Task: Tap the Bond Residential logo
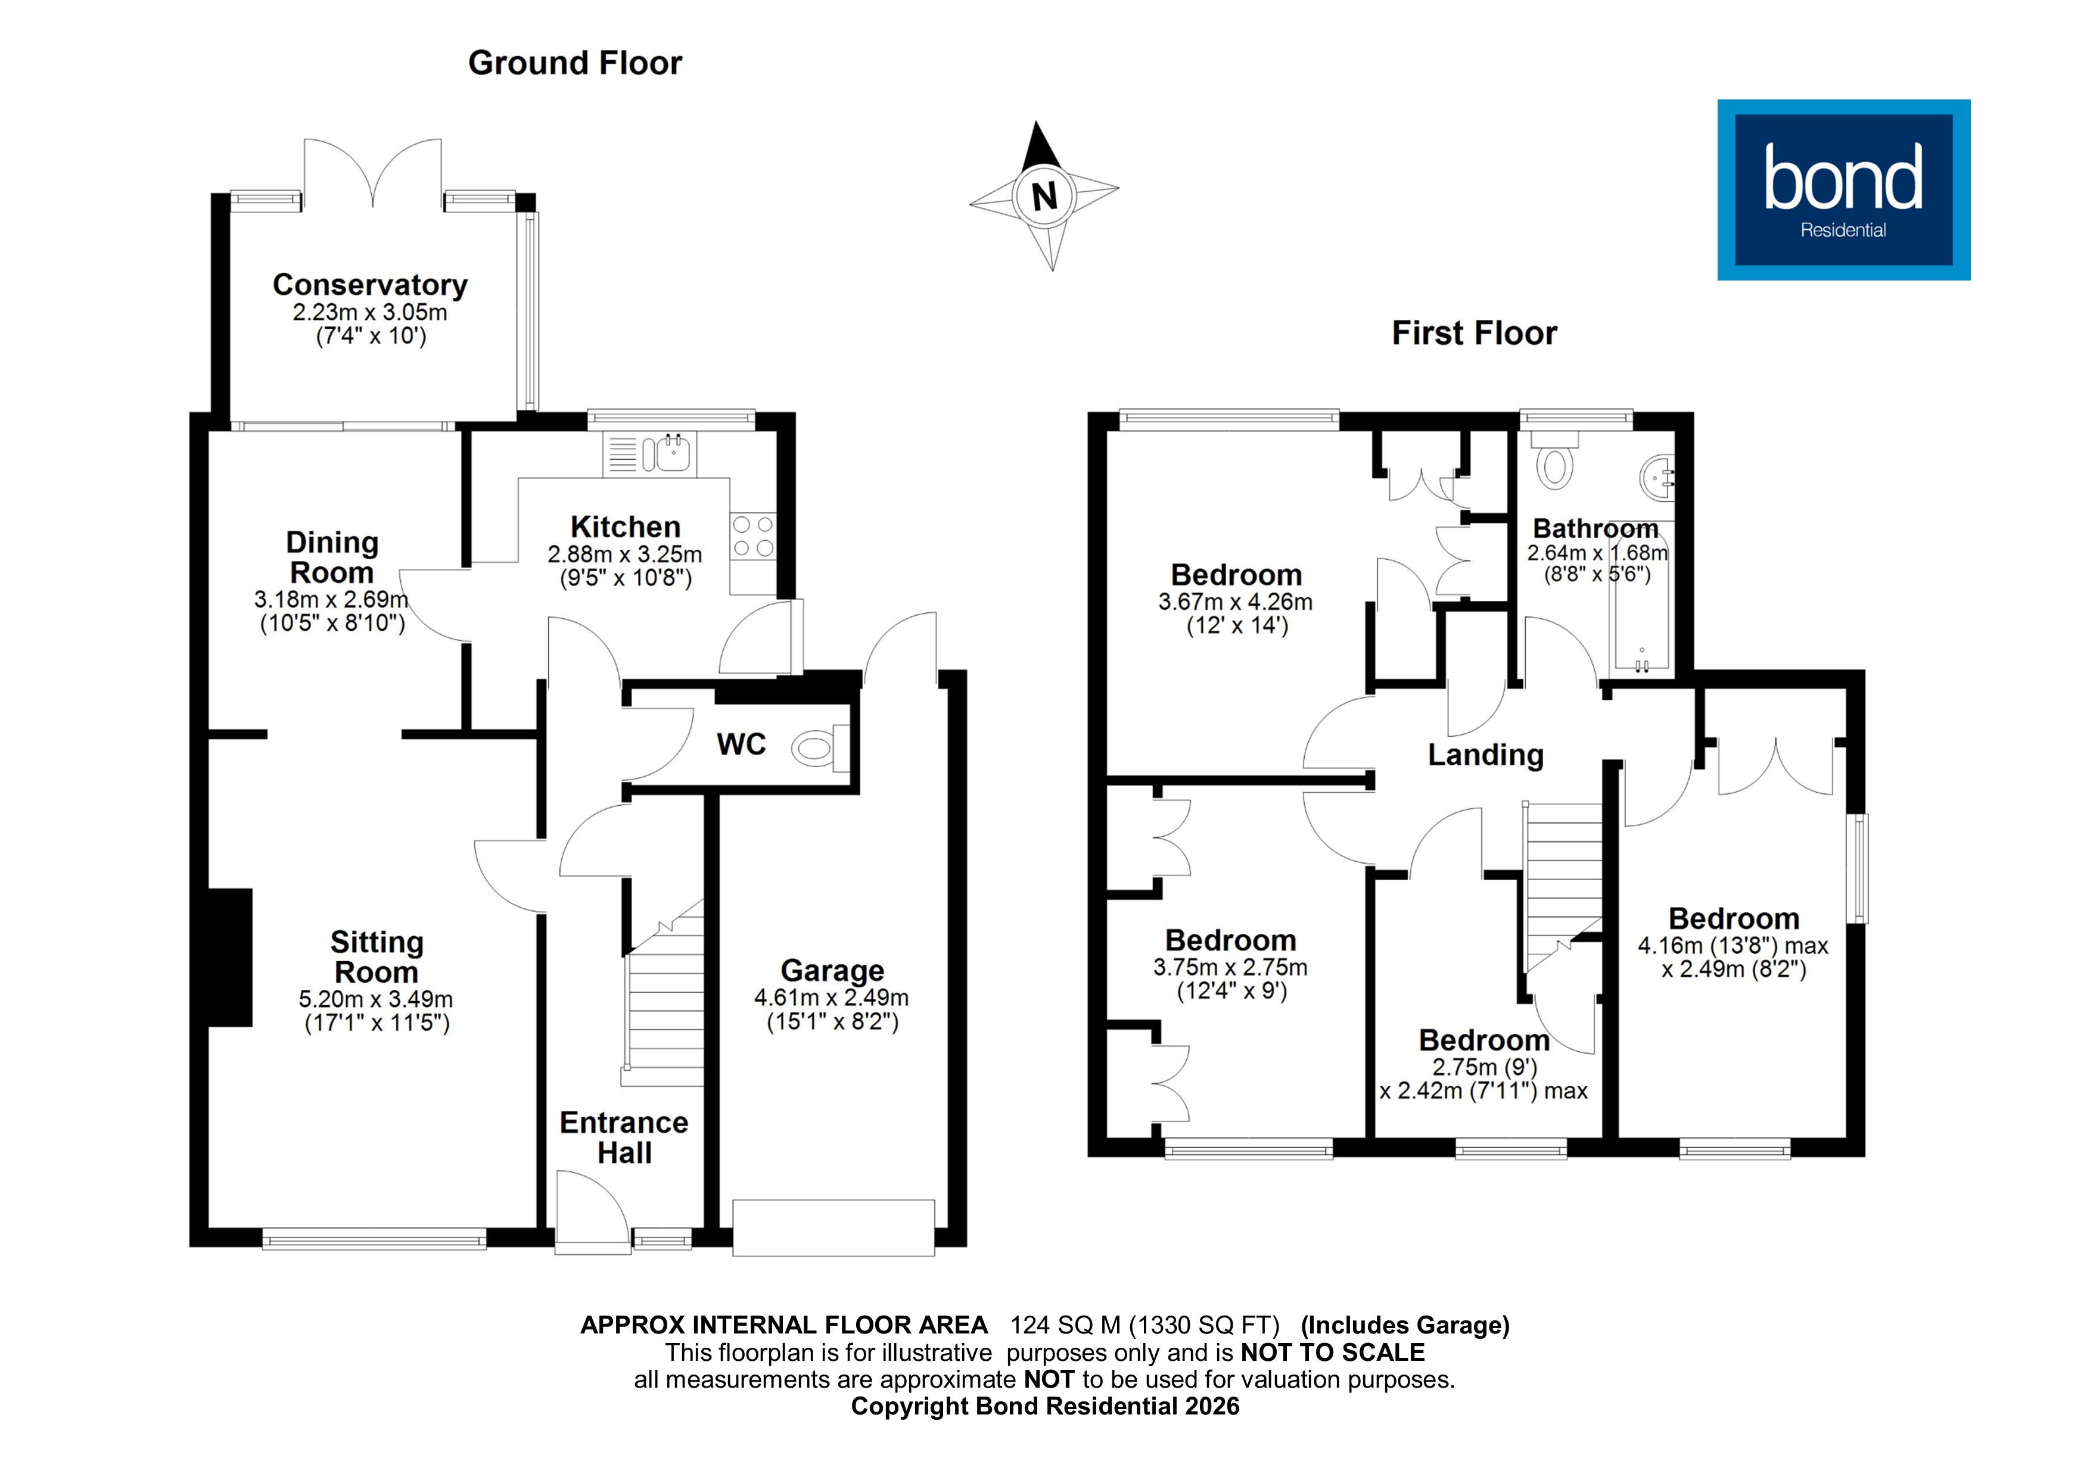pos(1843,189)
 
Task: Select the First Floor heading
pos(1474,333)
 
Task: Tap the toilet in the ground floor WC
pos(817,749)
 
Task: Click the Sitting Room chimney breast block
pos(231,957)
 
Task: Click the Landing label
pos(1485,755)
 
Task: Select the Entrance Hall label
pos(624,1138)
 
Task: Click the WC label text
pos(741,744)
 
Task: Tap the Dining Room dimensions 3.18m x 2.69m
pos(331,600)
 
